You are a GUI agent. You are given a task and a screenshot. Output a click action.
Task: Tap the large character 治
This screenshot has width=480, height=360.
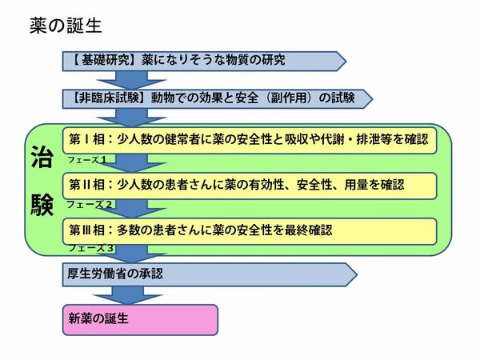tap(42, 155)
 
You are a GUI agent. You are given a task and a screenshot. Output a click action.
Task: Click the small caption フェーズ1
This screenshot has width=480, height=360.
tap(88, 158)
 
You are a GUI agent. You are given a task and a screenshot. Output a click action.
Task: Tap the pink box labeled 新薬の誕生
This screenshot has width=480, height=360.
tap(140, 318)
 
